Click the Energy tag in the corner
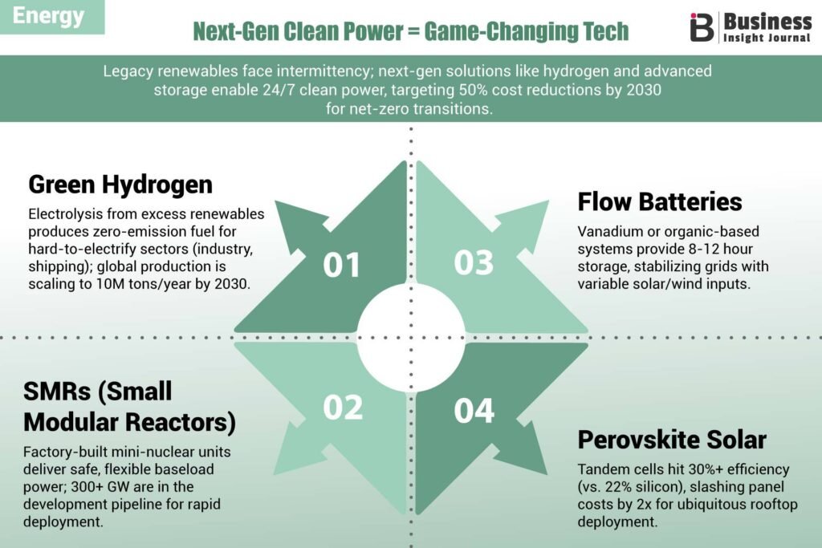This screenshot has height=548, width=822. [48, 16]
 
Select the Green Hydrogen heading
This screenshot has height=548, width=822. [120, 185]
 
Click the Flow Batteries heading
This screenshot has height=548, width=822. [660, 201]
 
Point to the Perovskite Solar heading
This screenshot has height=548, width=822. [672, 440]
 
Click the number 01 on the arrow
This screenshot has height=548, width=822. [341, 265]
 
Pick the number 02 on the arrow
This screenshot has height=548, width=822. [343, 407]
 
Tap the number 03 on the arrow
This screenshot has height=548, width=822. [474, 262]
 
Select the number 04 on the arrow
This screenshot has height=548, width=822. [474, 411]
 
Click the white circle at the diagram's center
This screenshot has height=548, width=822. [411, 338]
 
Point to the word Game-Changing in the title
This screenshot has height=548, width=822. [495, 31]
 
